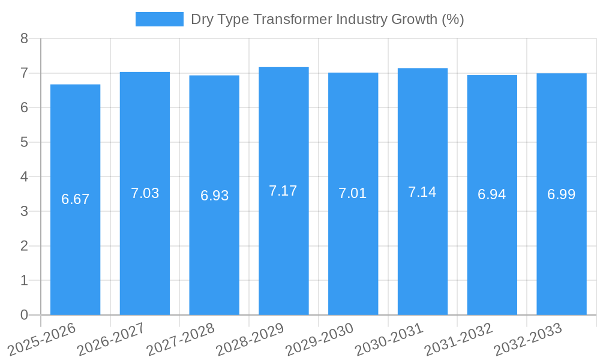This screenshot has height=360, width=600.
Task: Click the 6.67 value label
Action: (75, 199)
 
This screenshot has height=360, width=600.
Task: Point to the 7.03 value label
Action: (145, 193)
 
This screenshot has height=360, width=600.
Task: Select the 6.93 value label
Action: (214, 196)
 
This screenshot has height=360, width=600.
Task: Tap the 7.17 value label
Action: (283, 191)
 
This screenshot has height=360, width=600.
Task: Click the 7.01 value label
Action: (353, 193)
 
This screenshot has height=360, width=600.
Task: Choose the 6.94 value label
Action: (492, 194)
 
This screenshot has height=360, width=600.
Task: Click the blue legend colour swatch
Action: (159, 19)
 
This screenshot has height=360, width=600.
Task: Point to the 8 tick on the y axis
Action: (24, 38)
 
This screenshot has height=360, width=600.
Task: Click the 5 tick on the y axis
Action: (24, 142)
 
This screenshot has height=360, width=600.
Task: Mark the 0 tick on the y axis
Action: (24, 315)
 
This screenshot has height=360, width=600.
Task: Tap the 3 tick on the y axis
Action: (24, 211)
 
